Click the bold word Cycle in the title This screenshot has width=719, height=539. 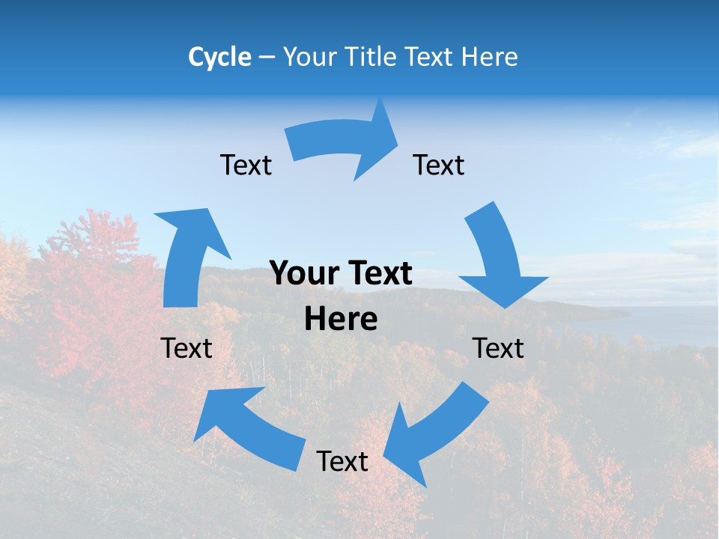(219, 57)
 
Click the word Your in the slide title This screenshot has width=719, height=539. (308, 57)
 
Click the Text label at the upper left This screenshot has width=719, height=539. (246, 165)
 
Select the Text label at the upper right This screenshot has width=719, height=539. (439, 165)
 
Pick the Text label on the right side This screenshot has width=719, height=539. (498, 348)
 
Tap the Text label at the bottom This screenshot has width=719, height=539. (342, 461)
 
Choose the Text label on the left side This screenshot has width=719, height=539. (186, 348)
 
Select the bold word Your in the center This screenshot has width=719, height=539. (300, 274)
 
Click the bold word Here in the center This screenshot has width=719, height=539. (341, 318)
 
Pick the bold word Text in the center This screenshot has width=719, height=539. (378, 274)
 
